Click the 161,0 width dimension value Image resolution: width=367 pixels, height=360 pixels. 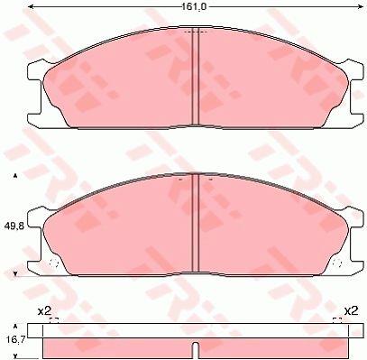(194, 6)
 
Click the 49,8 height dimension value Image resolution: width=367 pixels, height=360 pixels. (14, 226)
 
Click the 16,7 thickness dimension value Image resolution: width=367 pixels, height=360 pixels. (14, 341)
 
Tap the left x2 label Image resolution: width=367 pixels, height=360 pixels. (44, 311)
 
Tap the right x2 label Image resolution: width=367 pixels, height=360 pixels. (351, 311)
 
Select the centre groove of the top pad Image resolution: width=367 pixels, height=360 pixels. (196, 76)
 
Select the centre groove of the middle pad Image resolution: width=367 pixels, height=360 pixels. (196, 223)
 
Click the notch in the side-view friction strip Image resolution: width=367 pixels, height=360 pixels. (196, 351)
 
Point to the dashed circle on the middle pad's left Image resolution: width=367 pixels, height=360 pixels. (54, 263)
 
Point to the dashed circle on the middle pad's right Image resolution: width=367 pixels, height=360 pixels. (337, 263)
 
